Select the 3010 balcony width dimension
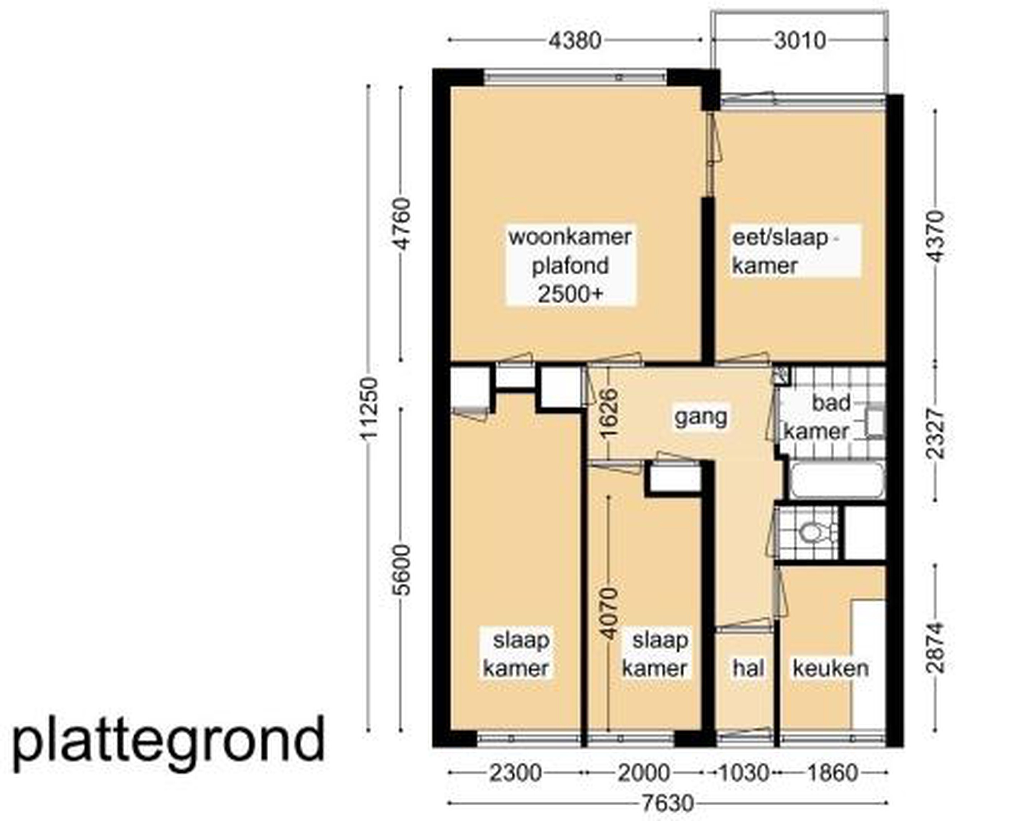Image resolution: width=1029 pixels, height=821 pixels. tap(800, 41)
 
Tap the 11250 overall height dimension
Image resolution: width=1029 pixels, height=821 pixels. tap(369, 408)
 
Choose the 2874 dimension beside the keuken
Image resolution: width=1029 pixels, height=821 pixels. tap(935, 648)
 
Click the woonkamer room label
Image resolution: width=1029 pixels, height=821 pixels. tap(570, 237)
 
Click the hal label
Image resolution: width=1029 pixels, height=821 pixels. tap(749, 668)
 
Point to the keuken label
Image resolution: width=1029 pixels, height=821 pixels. tap(830, 668)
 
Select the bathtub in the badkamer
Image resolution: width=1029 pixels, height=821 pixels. tap(837, 480)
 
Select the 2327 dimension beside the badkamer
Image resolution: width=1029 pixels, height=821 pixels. tap(935, 433)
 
